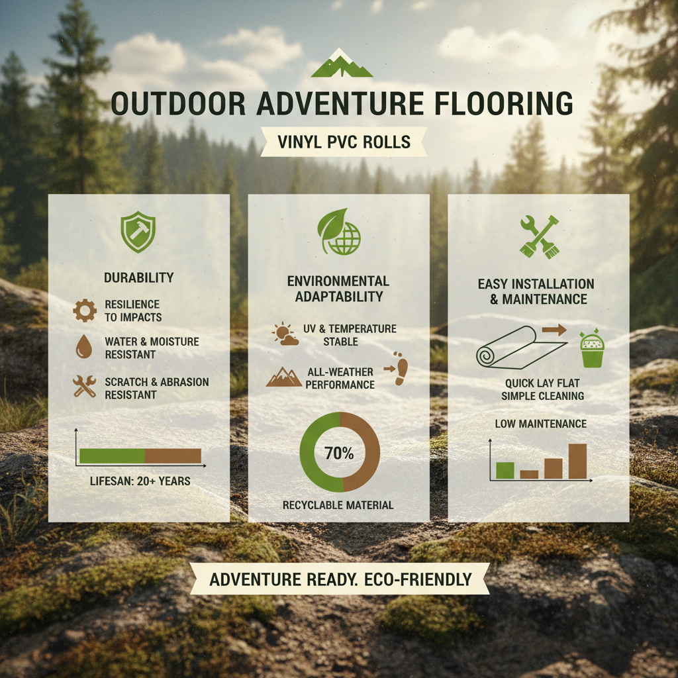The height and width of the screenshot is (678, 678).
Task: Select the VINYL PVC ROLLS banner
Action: coord(344,142)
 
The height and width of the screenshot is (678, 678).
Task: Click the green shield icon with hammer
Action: coord(138,232)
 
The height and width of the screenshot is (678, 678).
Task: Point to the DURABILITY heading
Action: coord(139,277)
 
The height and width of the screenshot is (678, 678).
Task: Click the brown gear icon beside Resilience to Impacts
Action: coord(85,311)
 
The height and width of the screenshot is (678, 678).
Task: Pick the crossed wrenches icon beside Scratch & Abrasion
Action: coord(84,386)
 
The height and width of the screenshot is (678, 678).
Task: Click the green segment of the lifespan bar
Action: coord(112,456)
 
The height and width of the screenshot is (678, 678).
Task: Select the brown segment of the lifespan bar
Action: coord(173,456)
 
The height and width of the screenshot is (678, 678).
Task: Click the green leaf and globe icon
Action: coord(339,232)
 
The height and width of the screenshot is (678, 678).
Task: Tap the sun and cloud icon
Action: coord(285,334)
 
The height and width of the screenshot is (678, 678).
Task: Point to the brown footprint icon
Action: coord(401,368)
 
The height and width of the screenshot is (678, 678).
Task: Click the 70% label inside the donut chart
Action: coord(339,453)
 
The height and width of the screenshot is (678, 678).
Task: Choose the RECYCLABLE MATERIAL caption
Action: coord(338,505)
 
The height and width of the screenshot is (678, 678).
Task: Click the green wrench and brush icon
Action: coord(539,237)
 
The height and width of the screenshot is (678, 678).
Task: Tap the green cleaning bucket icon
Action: coord(592,348)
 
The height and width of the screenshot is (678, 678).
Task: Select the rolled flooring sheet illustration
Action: coord(521,347)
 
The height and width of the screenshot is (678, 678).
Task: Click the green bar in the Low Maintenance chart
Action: coord(505,471)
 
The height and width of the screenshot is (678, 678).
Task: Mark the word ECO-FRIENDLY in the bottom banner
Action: coord(418,579)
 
